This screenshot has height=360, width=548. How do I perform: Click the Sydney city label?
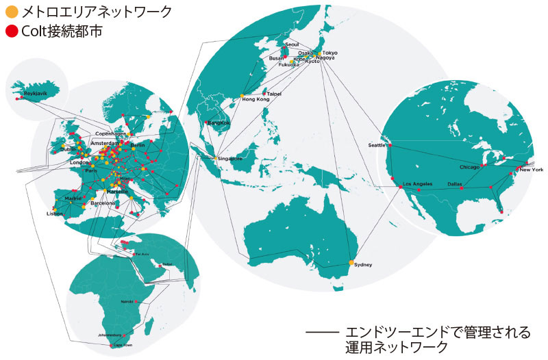pyautogui.click(x=364, y=265)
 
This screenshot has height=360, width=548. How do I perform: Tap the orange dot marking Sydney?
pyautogui.click(x=351, y=263)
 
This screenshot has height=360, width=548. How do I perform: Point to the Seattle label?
pyautogui.click(x=377, y=144)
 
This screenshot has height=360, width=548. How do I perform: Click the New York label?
pyautogui.click(x=532, y=169)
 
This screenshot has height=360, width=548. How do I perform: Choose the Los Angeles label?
pyautogui.click(x=417, y=184)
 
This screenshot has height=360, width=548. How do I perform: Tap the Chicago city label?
pyautogui.click(x=470, y=166)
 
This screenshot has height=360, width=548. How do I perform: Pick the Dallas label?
pyautogui.click(x=455, y=184)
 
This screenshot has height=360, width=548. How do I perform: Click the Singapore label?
pyautogui.click(x=231, y=159)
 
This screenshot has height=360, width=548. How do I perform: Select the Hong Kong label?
pyautogui.click(x=256, y=99)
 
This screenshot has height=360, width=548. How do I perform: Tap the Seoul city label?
pyautogui.click(x=292, y=44)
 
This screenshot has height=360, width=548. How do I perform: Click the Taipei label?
pyautogui.click(x=274, y=94)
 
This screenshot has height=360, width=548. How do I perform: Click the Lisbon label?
pyautogui.click(x=54, y=214)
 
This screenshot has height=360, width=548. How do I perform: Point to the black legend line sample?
pyautogui.click(x=322, y=333)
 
